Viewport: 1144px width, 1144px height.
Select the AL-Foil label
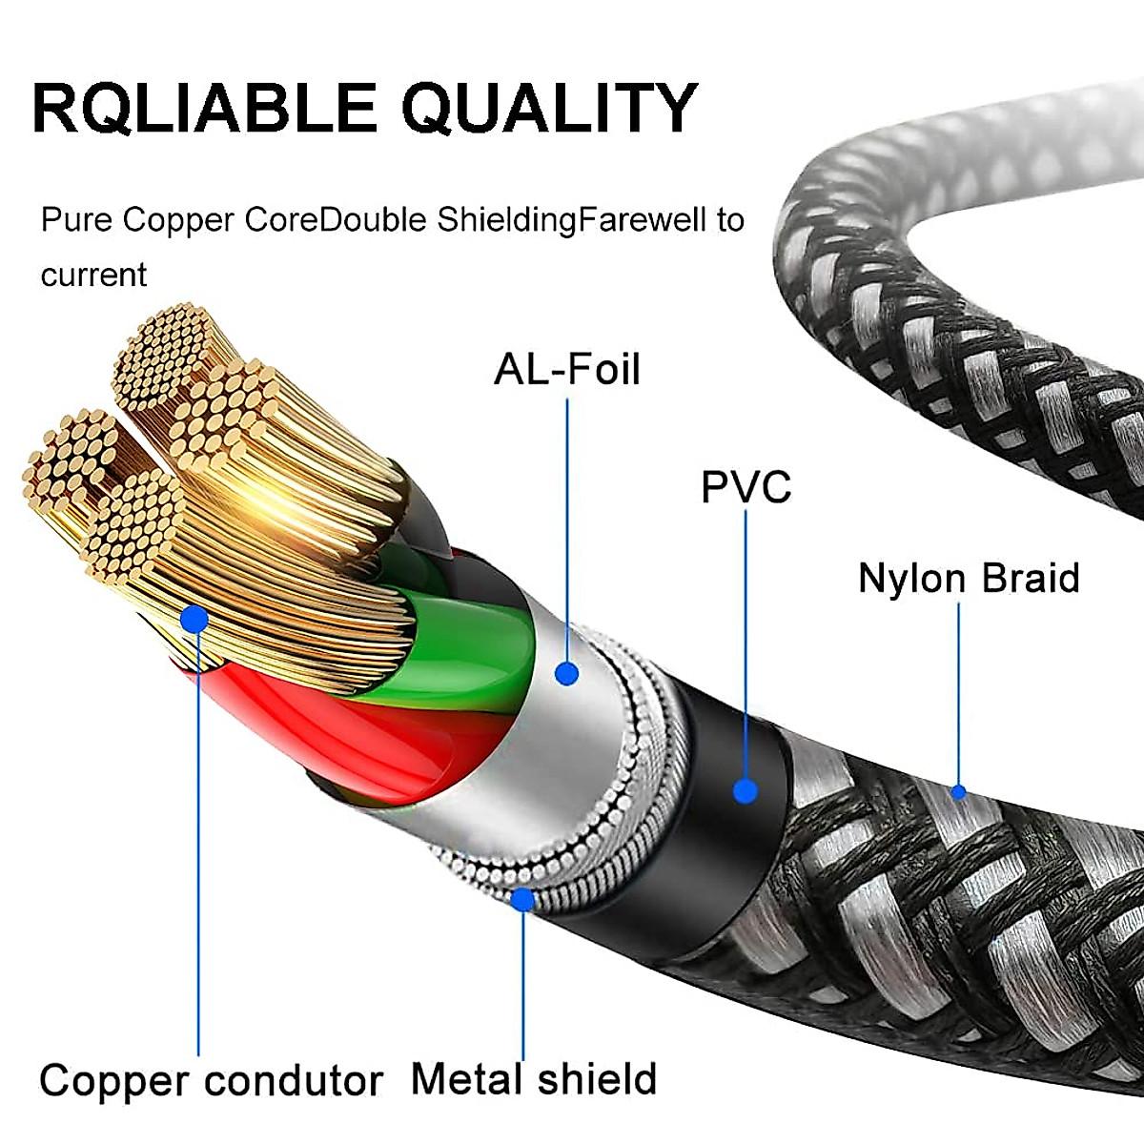[x=567, y=370]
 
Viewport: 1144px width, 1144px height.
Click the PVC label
[x=746, y=487]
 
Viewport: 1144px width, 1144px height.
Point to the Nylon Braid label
[x=969, y=579]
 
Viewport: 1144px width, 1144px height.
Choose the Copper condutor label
[x=211, y=1081]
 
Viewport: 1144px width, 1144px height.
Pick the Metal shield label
[x=534, y=1079]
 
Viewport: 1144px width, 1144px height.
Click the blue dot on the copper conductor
[x=194, y=621]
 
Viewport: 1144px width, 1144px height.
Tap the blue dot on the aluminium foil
[x=567, y=673]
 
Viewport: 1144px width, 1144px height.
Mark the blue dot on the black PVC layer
[x=746, y=790]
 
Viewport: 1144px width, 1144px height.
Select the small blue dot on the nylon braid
[x=959, y=791]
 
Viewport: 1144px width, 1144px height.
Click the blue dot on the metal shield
[x=522, y=898]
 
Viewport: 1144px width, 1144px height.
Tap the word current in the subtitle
[x=93, y=276]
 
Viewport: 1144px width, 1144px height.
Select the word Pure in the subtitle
[x=76, y=221]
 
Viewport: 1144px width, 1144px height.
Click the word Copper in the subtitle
[x=178, y=221]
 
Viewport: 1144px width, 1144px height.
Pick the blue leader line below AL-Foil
[x=567, y=524]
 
